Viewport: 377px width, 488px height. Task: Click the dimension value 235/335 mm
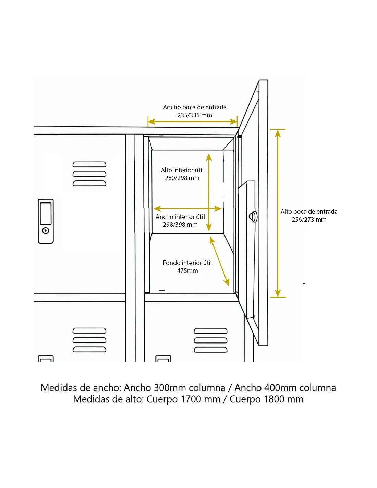click(x=194, y=115)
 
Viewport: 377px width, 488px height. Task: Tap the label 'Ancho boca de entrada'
click(x=194, y=107)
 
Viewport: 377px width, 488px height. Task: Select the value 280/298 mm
click(x=182, y=178)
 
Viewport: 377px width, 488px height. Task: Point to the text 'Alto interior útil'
click(x=182, y=170)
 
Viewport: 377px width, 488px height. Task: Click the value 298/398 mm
click(x=180, y=224)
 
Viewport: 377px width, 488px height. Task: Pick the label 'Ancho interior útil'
click(x=180, y=217)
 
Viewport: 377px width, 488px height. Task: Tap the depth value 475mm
click(x=187, y=271)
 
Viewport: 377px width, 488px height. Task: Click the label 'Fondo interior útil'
click(x=187, y=263)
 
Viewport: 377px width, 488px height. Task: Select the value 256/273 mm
click(x=309, y=219)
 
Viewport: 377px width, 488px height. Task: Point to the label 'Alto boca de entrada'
click(x=309, y=211)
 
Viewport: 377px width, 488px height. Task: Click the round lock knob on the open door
click(x=253, y=217)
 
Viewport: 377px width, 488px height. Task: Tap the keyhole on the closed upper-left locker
click(x=46, y=230)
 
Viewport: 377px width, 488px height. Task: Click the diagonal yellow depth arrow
click(x=219, y=261)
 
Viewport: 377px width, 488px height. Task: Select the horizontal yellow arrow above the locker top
click(x=192, y=122)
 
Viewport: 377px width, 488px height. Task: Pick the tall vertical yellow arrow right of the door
click(x=278, y=213)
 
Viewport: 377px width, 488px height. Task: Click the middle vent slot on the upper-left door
click(x=89, y=174)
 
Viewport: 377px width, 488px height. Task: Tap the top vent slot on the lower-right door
click(x=210, y=331)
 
